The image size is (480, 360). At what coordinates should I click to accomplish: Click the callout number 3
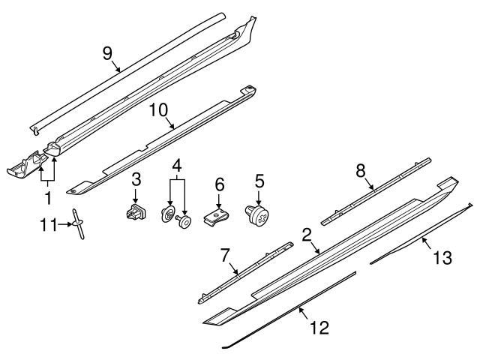(x=136, y=178)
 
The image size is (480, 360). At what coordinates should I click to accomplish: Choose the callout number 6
(x=219, y=183)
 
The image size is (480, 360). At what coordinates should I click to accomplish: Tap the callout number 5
(x=259, y=180)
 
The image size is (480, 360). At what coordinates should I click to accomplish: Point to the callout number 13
(x=443, y=258)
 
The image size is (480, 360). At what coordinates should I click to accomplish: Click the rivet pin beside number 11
(x=79, y=224)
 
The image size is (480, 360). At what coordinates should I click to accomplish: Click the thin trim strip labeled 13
(x=420, y=233)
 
